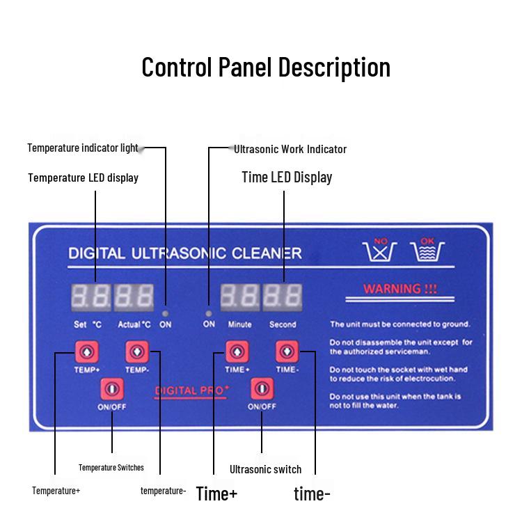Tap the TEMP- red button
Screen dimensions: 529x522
[136, 352]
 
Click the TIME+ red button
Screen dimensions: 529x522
[237, 352]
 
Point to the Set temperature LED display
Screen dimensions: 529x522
[90, 297]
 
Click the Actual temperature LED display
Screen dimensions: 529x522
[134, 297]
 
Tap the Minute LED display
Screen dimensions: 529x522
[239, 297]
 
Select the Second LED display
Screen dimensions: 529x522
[282, 297]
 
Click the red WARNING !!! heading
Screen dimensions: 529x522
[400, 288]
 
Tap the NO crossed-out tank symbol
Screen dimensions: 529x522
[380, 251]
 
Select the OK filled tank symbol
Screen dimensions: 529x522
[428, 251]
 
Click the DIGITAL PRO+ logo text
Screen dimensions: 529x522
[191, 391]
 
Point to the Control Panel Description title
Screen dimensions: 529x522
[266, 67]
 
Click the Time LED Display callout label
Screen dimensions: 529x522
[287, 177]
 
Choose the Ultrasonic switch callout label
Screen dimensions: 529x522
[265, 469]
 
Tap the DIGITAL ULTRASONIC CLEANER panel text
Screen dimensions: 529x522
[185, 252]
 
